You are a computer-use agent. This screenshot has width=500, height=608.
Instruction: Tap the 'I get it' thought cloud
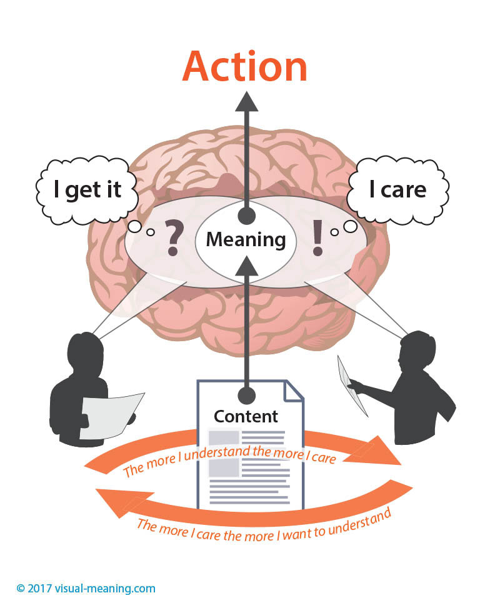87,189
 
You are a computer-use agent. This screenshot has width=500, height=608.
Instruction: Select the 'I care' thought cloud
397,189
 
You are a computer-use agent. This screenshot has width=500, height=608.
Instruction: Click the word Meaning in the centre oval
246,239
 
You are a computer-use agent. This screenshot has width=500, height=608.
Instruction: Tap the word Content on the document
246,416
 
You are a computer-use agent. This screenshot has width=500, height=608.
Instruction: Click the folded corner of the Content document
294,390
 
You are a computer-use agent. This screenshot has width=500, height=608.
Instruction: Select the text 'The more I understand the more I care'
230,461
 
